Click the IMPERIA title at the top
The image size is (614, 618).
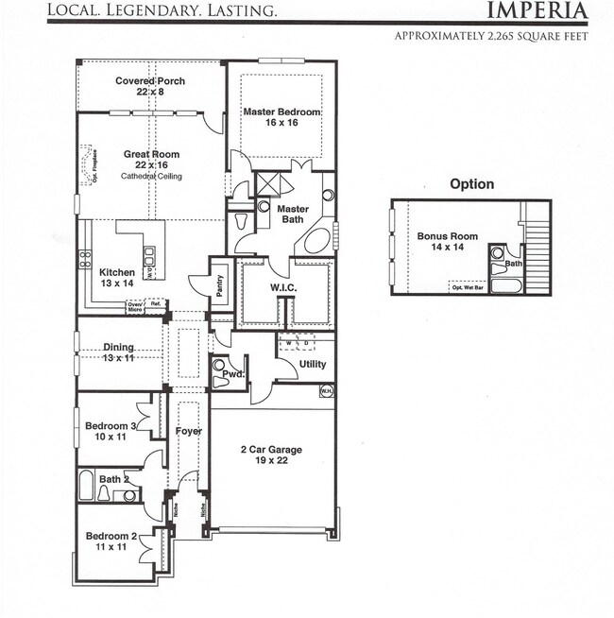pyautogui.click(x=537, y=11)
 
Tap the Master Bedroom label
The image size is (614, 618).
pyautogui.click(x=281, y=112)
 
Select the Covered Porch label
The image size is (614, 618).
pyautogui.click(x=150, y=81)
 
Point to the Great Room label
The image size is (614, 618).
pyautogui.click(x=151, y=154)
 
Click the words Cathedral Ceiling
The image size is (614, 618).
pyautogui.click(x=151, y=176)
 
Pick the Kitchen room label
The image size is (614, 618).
pyautogui.click(x=117, y=273)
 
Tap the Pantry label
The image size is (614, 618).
pyautogui.click(x=220, y=286)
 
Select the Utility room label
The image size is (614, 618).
pyautogui.click(x=312, y=364)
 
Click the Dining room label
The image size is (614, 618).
pyautogui.click(x=118, y=348)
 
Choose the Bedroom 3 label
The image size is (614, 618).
pyautogui.click(x=111, y=426)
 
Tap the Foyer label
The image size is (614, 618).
pyautogui.click(x=189, y=431)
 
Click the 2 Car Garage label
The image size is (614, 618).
pyautogui.click(x=271, y=450)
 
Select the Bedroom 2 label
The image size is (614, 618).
pyautogui.click(x=111, y=537)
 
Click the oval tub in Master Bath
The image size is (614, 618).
pyautogui.click(x=318, y=238)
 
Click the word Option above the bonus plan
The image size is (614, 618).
pyautogui.click(x=471, y=184)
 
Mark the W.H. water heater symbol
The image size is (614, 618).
pyautogui.click(x=326, y=390)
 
